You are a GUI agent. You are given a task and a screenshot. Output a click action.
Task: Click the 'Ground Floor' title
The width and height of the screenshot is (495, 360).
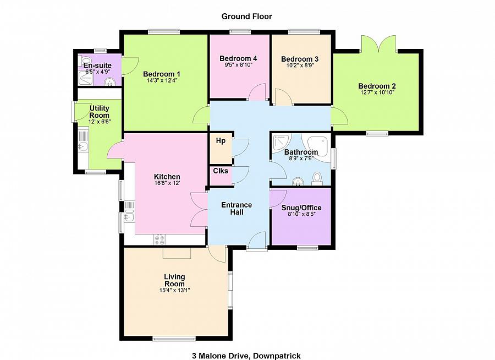pos(246,17)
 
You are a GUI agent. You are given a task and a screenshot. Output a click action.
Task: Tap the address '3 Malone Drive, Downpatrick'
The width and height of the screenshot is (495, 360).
pos(246,356)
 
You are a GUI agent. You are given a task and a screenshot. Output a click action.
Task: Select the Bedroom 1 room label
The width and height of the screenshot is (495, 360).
pos(162,74)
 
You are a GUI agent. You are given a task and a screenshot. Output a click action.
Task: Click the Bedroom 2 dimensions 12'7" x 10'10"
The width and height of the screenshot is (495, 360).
pos(377,92)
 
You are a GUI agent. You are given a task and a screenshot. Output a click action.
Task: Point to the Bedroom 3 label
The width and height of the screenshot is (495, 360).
pos(300,59)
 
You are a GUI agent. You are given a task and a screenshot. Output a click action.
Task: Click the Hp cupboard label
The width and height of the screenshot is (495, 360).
pos(221,141)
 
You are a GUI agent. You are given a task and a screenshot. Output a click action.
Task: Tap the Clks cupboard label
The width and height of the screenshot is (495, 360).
pos(221,171)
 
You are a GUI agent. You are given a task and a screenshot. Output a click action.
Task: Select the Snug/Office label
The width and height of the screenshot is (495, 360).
pos(301,208)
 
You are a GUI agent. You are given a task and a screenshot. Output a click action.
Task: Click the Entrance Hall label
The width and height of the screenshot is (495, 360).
pos(237,208)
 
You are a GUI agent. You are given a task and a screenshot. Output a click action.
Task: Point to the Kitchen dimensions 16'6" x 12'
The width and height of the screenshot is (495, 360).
pos(167,183)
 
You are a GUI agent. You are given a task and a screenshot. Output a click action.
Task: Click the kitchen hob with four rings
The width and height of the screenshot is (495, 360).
pos(159,239)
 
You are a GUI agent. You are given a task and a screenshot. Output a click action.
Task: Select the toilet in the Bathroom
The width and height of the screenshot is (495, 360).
pos(317,178)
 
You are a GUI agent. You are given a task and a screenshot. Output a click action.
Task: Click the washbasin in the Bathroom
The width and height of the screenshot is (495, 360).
pos(297,182)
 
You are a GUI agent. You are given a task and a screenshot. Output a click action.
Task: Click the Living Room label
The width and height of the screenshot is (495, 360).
pos(174,280)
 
